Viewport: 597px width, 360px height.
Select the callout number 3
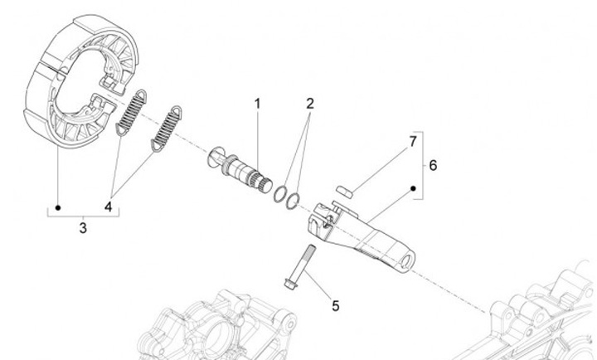[83, 226]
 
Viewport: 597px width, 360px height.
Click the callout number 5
[334, 306]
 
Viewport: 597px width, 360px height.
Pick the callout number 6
[433, 164]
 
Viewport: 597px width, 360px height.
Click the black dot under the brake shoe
[58, 206]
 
